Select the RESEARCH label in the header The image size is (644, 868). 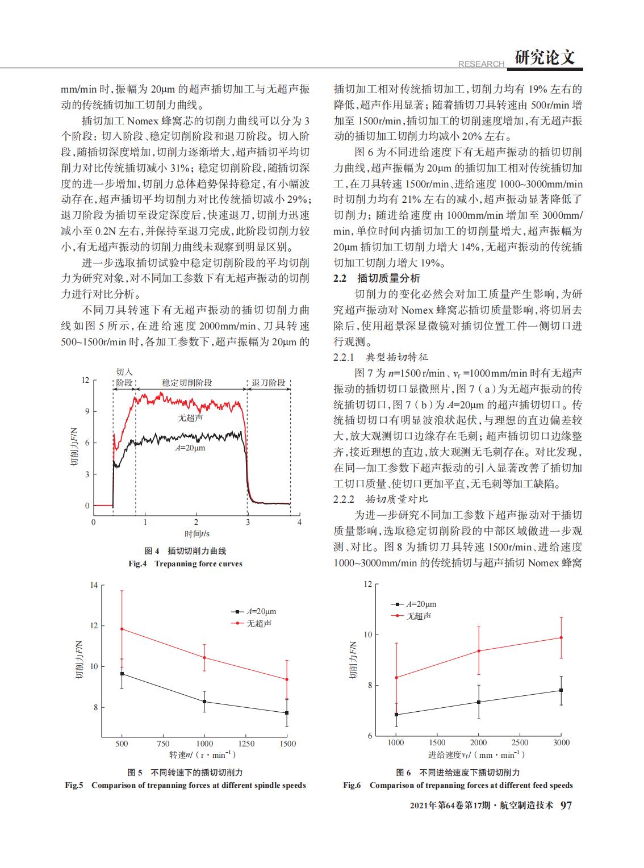pyautogui.click(x=481, y=64)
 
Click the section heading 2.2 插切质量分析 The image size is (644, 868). pyautogui.click(x=377, y=278)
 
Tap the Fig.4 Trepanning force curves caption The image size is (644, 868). pyautogui.click(x=186, y=564)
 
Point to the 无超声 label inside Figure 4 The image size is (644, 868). pyautogui.click(x=191, y=418)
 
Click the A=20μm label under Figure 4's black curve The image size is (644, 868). pyautogui.click(x=190, y=448)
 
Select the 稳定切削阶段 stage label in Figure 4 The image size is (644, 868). pyautogui.click(x=187, y=382)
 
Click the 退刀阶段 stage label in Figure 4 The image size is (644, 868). pyautogui.click(x=269, y=382)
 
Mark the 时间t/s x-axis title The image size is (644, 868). pyautogui.click(x=197, y=533)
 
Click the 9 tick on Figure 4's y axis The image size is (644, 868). pyautogui.click(x=87, y=411)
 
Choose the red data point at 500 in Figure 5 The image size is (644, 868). pyautogui.click(x=122, y=629)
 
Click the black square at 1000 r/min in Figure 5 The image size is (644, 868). pyautogui.click(x=204, y=702)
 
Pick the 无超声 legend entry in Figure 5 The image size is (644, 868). pyautogui.click(x=252, y=623)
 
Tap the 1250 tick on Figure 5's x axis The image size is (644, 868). pyautogui.click(x=246, y=744)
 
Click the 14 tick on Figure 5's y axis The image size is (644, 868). pyautogui.click(x=94, y=585)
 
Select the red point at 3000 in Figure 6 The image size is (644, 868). pyautogui.click(x=561, y=637)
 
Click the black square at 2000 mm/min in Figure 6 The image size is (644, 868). pyautogui.click(x=479, y=702)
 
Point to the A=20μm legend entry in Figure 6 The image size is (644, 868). pyautogui.click(x=413, y=604)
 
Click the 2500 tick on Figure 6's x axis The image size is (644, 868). pyautogui.click(x=520, y=742)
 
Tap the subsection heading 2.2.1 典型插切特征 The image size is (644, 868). pyautogui.click(x=380, y=357)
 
